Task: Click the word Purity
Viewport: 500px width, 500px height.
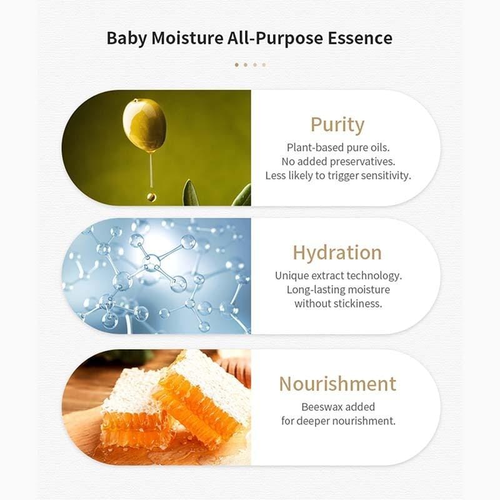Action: (337, 124)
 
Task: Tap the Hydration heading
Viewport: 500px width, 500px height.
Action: (337, 252)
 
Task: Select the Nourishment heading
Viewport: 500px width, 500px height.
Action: (337, 383)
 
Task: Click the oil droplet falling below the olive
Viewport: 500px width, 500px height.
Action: (151, 196)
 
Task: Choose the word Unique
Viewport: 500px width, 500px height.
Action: (291, 276)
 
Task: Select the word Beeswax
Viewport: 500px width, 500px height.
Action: (321, 407)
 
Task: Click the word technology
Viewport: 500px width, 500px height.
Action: (375, 276)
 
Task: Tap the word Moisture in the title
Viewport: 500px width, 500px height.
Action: (184, 37)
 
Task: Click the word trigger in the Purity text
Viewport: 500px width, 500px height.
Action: (332, 176)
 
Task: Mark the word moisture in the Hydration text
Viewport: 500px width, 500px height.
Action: (371, 290)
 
